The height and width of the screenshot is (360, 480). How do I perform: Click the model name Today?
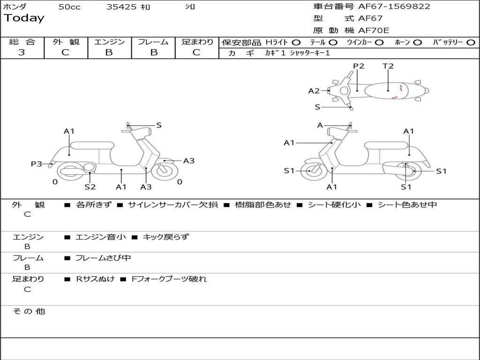tap(24, 18)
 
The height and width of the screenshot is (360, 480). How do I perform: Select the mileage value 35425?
tap(121, 7)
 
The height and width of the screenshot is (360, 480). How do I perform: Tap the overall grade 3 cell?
tap(22, 52)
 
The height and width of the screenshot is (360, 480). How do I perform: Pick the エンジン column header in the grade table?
tap(109, 42)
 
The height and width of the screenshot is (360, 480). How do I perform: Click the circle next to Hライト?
tap(296, 43)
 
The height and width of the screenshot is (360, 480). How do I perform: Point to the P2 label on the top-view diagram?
tap(359, 66)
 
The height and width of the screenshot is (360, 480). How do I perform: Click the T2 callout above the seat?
tap(388, 66)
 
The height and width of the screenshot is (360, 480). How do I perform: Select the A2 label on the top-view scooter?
tap(314, 91)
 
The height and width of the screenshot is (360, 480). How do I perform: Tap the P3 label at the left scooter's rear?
tap(36, 164)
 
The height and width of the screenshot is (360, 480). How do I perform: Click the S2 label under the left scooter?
tap(90, 187)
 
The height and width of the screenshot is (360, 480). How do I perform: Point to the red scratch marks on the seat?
tap(397, 92)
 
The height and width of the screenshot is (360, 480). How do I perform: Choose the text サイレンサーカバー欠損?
tap(172, 205)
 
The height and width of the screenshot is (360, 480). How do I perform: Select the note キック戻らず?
tap(165, 237)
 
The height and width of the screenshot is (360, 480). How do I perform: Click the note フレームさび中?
tap(103, 258)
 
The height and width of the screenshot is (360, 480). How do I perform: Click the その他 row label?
tap(29, 311)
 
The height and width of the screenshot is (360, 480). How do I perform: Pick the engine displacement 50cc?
tap(69, 7)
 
